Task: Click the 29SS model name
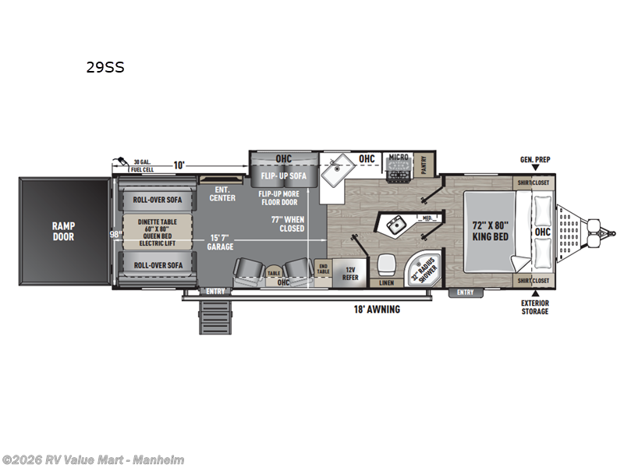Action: point(105,67)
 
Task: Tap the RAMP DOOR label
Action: point(64,232)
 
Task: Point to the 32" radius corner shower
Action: point(426,268)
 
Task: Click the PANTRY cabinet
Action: point(424,164)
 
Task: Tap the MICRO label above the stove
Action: point(399,158)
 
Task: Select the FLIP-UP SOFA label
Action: point(285,175)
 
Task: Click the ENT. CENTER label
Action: point(222,193)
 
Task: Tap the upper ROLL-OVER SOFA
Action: point(158,200)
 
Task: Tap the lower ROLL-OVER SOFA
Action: point(158,265)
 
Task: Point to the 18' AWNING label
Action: point(376,310)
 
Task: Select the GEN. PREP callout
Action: point(536,160)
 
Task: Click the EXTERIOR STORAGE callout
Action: point(535,307)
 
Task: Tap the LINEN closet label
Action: point(386,283)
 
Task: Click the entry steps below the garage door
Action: point(214,317)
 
